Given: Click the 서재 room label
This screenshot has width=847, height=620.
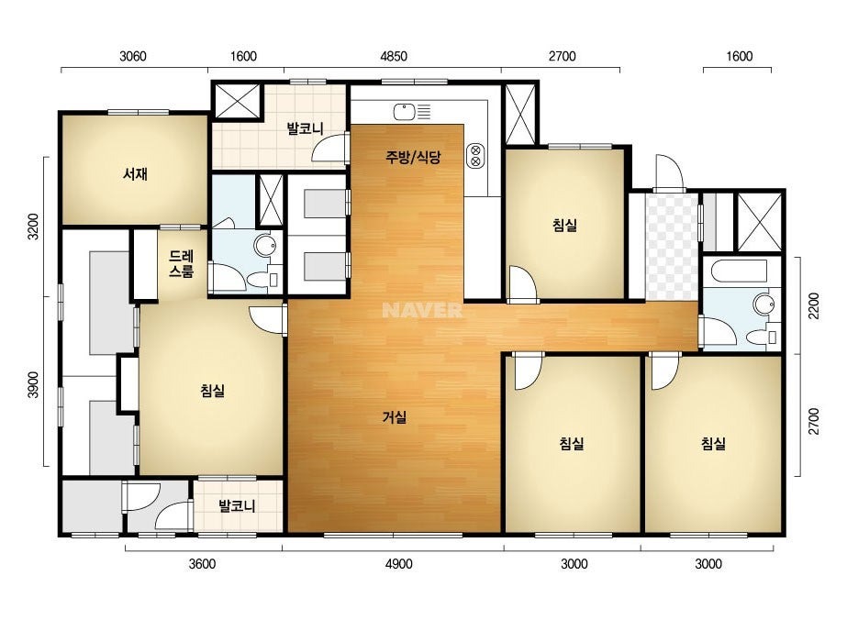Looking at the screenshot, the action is point(135,174).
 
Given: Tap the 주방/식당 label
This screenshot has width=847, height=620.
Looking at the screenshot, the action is point(413,157).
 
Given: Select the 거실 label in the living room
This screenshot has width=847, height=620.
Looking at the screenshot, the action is point(395,417).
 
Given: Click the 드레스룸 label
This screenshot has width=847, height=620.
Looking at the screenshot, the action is point(181,263).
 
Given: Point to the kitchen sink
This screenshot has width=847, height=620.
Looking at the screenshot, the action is point(404,112).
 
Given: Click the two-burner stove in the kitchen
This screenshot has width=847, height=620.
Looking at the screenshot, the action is point(476,155).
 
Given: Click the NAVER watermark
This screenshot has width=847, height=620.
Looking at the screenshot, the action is point(422,310).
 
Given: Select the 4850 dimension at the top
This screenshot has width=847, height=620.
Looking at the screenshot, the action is point(394,56).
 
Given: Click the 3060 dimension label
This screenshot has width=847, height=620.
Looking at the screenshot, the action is point(133,56).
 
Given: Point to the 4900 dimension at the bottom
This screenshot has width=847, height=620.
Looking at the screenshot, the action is point(398,564).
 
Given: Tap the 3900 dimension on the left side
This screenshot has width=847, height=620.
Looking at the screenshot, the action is point(33,384).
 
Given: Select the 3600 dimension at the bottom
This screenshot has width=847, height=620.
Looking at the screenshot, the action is point(202,564).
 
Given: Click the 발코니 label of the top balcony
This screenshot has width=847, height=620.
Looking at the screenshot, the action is point(306,128).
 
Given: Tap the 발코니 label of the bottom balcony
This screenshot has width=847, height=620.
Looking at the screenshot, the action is point(237,506).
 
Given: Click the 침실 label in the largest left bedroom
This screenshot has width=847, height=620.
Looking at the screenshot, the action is point(212,390).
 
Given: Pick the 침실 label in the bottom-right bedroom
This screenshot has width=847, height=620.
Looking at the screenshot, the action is point(713,443).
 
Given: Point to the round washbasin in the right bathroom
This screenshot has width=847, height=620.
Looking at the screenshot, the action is point(763,304).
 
